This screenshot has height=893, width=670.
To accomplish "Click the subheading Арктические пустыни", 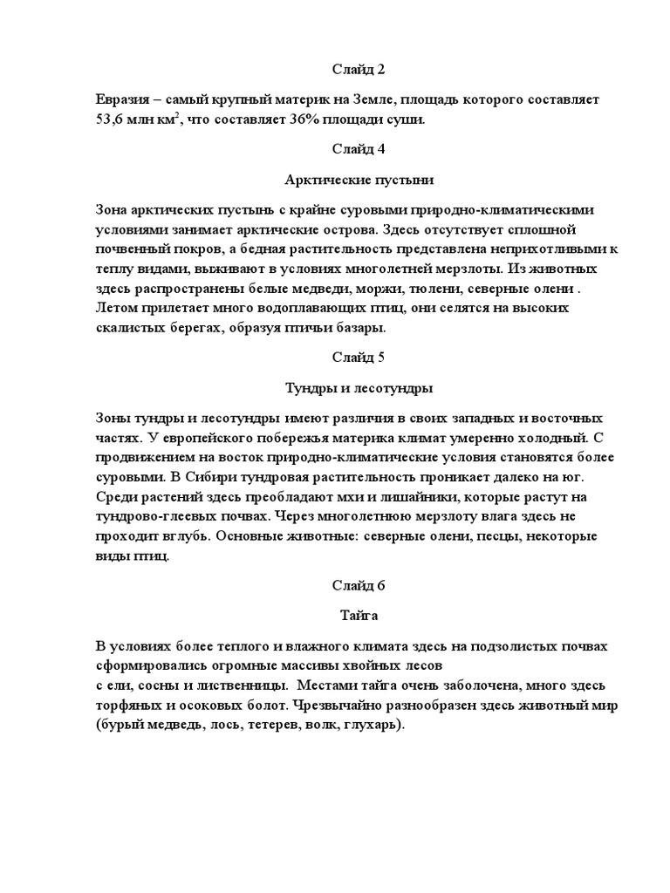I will (x=359, y=180).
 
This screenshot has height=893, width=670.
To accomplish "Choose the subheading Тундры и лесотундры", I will (x=359, y=387).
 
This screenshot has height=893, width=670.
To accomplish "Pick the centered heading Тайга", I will (x=359, y=616).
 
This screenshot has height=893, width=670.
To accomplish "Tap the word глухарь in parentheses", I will (x=375, y=725).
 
